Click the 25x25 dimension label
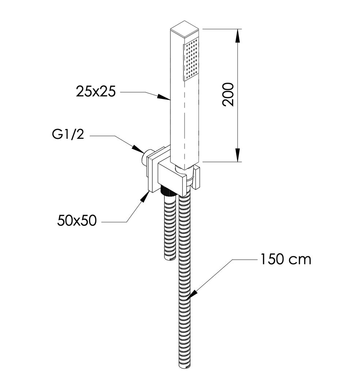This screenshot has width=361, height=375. click(x=96, y=91)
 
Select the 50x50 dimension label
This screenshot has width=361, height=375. click(x=77, y=220)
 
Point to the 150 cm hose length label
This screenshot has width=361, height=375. click(x=286, y=259)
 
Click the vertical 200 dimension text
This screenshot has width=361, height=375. click(x=228, y=94)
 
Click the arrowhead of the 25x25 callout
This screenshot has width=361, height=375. click(x=166, y=98)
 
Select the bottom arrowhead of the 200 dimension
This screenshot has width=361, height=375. click(x=238, y=156)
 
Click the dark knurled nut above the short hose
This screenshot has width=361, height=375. click(x=167, y=191)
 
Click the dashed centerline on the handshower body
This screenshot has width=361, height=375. click(x=185, y=121)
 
